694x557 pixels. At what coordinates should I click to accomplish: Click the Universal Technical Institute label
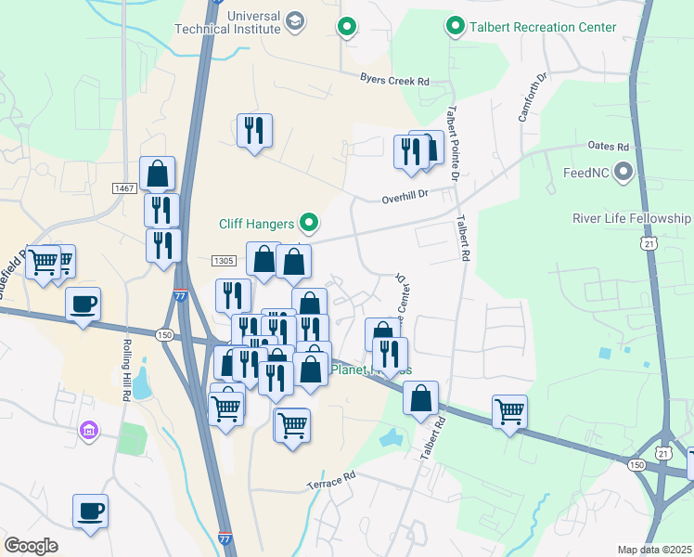click(227, 21)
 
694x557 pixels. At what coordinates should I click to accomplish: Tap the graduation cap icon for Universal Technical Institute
click(295, 21)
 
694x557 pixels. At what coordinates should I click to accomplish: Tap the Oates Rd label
click(609, 147)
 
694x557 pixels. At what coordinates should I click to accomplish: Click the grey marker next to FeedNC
click(623, 173)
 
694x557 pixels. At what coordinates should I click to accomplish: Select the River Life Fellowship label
click(632, 219)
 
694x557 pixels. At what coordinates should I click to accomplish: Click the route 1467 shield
click(125, 188)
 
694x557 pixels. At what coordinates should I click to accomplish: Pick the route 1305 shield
click(224, 261)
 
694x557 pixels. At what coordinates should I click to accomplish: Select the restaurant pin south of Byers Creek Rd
click(254, 129)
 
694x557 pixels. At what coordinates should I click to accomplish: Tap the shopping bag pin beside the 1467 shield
click(158, 173)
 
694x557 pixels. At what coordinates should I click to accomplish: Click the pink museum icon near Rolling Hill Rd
click(89, 430)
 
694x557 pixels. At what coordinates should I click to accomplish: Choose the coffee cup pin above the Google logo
click(91, 511)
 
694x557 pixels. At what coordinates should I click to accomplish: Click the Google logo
click(32, 546)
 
